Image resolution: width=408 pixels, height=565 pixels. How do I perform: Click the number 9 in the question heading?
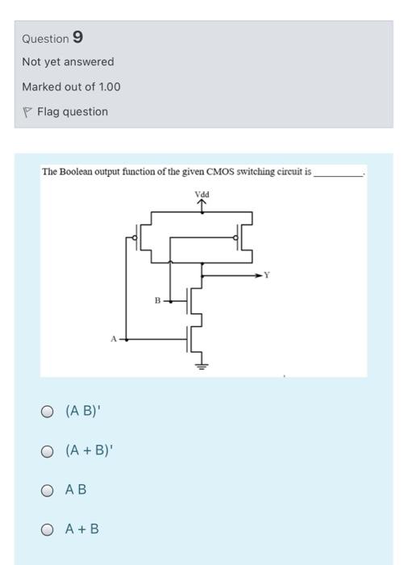77,38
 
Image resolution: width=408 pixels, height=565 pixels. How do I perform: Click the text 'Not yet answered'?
68,62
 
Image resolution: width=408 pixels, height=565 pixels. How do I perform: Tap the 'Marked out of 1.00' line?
71,86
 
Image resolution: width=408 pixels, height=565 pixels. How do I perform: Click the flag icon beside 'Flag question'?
27,112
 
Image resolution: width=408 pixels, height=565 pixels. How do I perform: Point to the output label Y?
269,275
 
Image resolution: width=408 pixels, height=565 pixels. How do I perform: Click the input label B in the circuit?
158,300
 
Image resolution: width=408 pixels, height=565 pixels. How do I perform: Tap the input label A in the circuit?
113,340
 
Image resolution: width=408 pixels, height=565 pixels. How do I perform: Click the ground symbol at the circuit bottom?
201,366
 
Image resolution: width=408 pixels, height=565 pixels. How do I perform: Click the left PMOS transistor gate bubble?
135,237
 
